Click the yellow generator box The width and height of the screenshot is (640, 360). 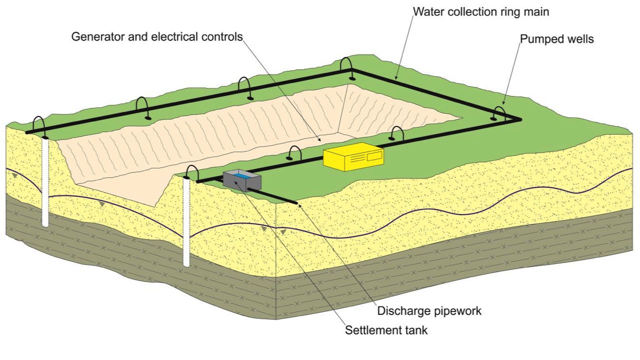click(x=353, y=156)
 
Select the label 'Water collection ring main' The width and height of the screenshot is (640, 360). click(x=481, y=11)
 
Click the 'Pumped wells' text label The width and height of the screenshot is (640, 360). click(x=557, y=39)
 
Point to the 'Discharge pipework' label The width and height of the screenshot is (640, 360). click(x=429, y=310)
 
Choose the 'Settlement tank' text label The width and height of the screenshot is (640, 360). click(x=386, y=330)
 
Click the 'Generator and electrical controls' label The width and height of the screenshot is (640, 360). click(x=157, y=36)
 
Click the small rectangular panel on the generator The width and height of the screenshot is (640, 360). click(x=374, y=156)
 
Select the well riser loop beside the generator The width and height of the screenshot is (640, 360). click(x=396, y=132)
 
